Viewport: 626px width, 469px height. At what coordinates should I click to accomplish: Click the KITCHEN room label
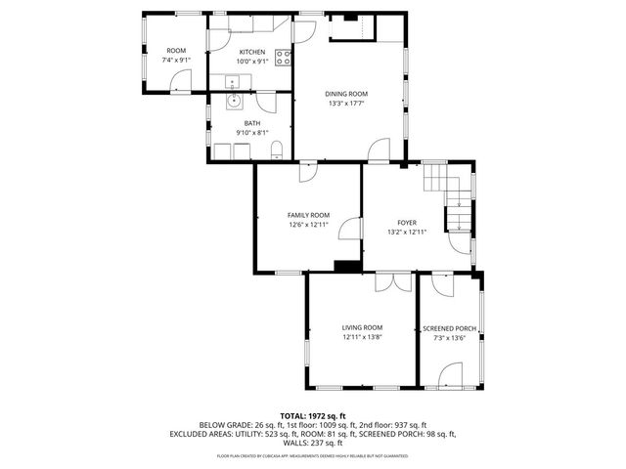coord(252,51)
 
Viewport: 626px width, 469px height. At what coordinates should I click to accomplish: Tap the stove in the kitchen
coord(283,57)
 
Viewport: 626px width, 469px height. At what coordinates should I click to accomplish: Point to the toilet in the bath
coord(278,149)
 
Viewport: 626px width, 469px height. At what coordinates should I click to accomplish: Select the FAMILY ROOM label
coord(308,215)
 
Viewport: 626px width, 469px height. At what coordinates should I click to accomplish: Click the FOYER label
coord(407,223)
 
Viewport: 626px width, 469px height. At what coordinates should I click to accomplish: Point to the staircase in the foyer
coord(450,195)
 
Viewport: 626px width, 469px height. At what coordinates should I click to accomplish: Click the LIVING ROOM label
coord(362,327)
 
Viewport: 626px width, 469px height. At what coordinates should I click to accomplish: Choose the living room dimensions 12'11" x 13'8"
coord(362,338)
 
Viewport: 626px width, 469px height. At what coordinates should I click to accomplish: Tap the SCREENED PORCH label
coord(449,328)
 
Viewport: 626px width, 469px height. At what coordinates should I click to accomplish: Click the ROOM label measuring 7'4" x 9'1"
coord(176,50)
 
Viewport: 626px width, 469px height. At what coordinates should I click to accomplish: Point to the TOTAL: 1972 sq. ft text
coord(313,415)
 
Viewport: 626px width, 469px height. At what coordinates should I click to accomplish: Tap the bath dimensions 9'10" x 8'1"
coord(252,133)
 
